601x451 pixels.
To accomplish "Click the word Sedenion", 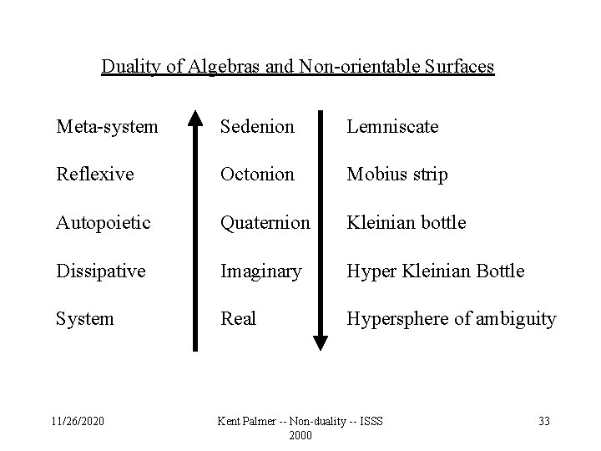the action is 257,126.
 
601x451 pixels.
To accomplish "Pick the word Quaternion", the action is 265,223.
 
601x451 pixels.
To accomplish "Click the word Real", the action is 238,319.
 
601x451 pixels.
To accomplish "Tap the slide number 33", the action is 543,421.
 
